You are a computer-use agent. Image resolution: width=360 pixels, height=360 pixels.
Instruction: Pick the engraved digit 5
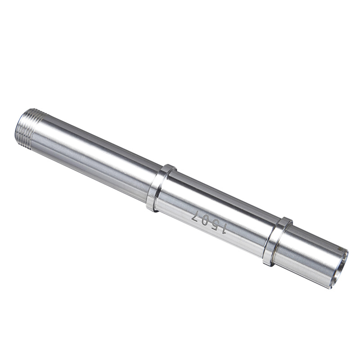[x=214, y=226]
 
